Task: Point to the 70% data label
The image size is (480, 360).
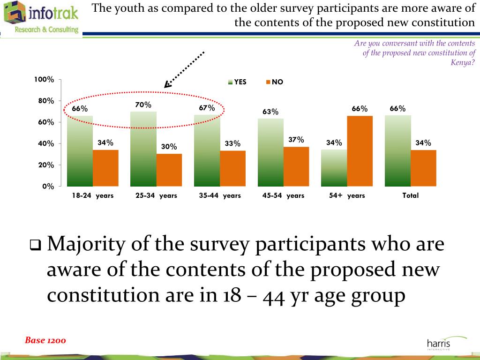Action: (143, 105)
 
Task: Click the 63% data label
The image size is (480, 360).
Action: (270, 112)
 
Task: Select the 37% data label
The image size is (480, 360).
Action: (296, 140)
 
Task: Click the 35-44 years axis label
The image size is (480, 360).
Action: (219, 195)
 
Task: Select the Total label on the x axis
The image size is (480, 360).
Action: (410, 195)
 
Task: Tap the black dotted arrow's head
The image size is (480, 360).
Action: (167, 85)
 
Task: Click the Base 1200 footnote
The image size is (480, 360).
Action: (45, 340)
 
